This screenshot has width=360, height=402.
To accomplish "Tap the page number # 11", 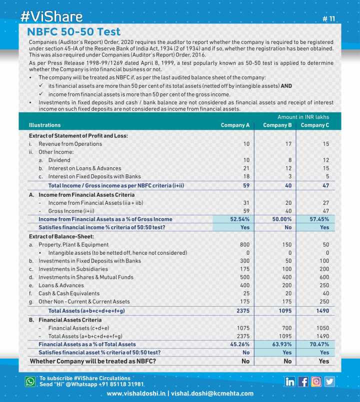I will pos(329,19).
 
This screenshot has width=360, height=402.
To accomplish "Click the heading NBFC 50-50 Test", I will pos(73,32).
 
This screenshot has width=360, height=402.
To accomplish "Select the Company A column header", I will pos(235,125).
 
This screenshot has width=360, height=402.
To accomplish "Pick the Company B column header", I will pos(277,125).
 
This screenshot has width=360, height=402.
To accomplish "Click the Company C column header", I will pos(315,125).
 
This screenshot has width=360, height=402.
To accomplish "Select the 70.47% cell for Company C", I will pos(319,344).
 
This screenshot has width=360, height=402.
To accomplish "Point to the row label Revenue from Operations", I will pos(70,144).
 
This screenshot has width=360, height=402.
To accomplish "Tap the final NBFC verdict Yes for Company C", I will pos(323,361).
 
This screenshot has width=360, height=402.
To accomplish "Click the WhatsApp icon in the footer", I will pos(30,382).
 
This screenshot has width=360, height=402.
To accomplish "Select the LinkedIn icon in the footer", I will pos(290,382).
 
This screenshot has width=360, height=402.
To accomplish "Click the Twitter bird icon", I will pos(329,382).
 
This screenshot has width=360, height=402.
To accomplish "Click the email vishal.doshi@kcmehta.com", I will pos(212,394).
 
